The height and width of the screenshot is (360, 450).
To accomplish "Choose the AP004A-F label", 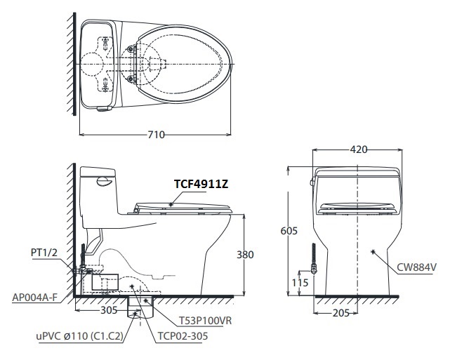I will click(x=34, y=298).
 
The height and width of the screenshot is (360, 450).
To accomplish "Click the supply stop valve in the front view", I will click(x=314, y=269).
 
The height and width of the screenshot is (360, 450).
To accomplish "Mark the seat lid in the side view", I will click(x=183, y=206).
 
